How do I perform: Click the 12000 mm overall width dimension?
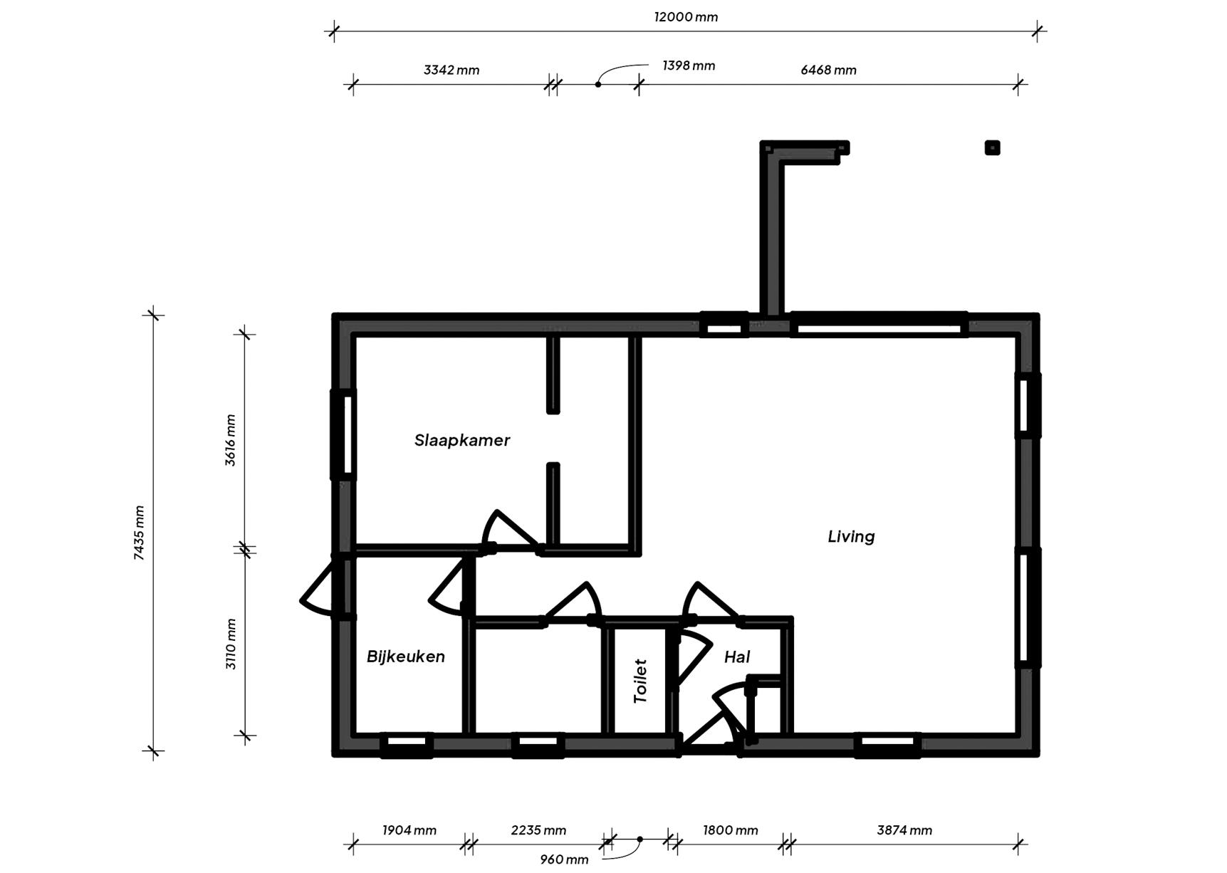pyautogui.click(x=686, y=17)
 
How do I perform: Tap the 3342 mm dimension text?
pyautogui.click(x=451, y=70)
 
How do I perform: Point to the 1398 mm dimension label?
pyautogui.click(x=689, y=66)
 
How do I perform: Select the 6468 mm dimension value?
pyautogui.click(x=828, y=70)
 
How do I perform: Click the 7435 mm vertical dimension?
pyautogui.click(x=139, y=533)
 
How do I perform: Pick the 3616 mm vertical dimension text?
pyautogui.click(x=230, y=440)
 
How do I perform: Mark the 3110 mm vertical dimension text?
pyautogui.click(x=230, y=644)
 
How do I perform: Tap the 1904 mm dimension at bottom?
pyautogui.click(x=409, y=830)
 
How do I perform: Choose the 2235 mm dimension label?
pyautogui.click(x=538, y=830)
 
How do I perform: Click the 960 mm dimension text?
pyautogui.click(x=564, y=859)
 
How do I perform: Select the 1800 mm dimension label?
pyautogui.click(x=730, y=830)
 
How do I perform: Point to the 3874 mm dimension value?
pyautogui.click(x=904, y=830)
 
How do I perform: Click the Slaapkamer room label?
pyautogui.click(x=462, y=440)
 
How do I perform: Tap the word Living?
pyautogui.click(x=851, y=536)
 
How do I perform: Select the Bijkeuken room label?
pyautogui.click(x=406, y=657)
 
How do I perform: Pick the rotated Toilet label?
pyautogui.click(x=640, y=681)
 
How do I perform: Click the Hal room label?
pyautogui.click(x=737, y=657)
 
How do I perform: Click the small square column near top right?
pyautogui.click(x=992, y=147)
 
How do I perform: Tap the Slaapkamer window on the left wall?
pyautogui.click(x=343, y=434)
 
